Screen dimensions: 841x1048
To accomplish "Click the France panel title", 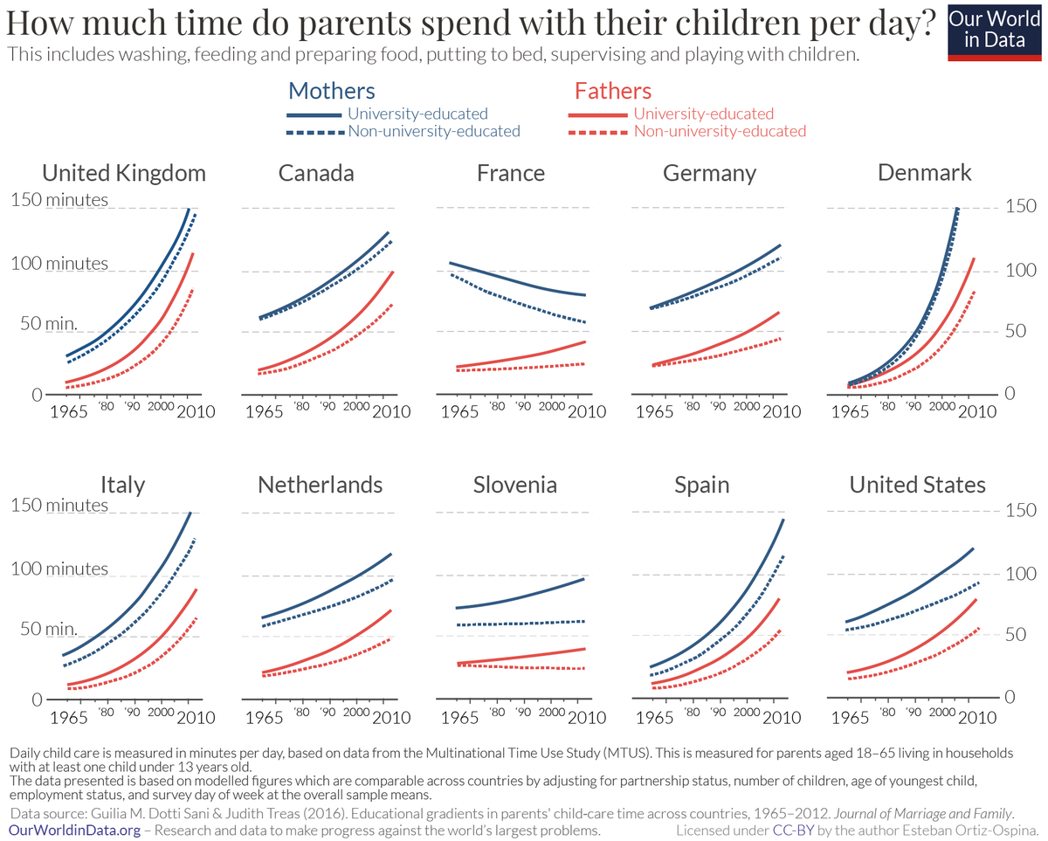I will click(x=511, y=173).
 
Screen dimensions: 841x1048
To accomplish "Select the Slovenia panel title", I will click(x=515, y=485).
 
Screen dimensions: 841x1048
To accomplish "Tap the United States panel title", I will click(x=918, y=485).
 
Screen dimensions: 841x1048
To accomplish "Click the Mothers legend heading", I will click(x=331, y=91).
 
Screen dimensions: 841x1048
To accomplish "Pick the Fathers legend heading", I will click(x=612, y=91).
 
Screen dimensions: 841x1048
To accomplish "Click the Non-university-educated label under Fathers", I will click(x=720, y=132).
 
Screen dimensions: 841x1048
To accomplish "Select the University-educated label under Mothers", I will click(x=417, y=114).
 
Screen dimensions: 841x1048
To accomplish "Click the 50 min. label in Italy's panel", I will click(x=44, y=629).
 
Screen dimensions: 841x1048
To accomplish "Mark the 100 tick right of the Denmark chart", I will click(x=1021, y=271).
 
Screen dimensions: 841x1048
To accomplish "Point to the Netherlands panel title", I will click(x=320, y=485).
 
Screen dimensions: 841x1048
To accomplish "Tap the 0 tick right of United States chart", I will click(x=1009, y=698).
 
